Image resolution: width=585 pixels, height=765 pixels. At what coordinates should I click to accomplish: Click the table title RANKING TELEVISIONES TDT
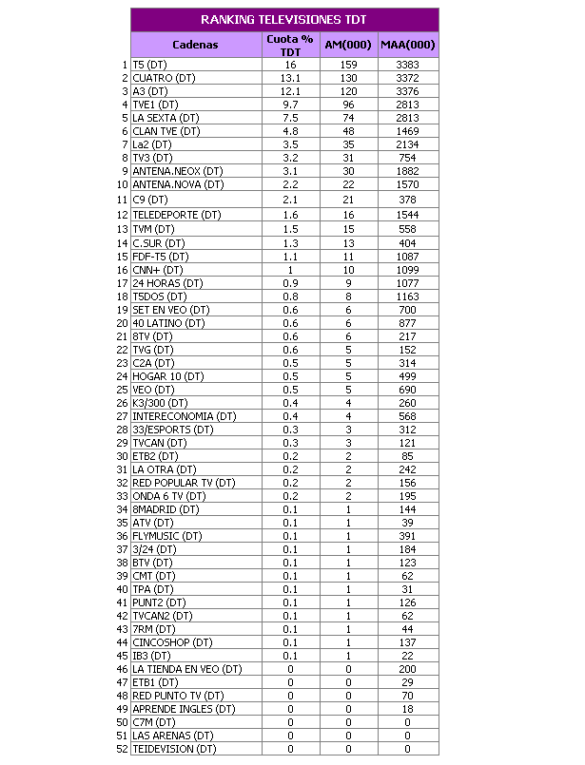(284, 20)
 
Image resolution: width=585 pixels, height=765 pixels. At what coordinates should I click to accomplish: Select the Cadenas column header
(195, 45)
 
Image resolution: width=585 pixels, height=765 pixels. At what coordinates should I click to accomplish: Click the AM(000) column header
(348, 45)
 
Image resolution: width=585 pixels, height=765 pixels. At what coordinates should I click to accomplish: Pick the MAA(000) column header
(407, 45)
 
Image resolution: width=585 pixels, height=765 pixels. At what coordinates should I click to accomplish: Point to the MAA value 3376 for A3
(407, 91)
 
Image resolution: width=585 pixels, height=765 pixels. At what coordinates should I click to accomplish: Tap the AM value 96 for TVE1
(348, 105)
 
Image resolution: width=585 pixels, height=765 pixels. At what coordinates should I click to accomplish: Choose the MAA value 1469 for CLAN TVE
(407, 131)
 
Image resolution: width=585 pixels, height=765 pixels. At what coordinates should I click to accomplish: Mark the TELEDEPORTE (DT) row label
(177, 216)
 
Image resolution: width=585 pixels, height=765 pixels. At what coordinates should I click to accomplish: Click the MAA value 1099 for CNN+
(407, 270)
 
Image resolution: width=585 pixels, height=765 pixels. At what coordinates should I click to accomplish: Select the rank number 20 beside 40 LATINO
(123, 323)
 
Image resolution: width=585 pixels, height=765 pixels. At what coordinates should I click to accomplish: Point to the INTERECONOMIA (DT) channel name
(185, 416)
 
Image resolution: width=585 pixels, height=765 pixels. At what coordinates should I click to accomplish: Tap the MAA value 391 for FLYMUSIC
(407, 536)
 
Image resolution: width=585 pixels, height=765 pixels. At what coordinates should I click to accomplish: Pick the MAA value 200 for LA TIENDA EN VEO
(407, 669)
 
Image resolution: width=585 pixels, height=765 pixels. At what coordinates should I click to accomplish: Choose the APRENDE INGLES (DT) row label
(184, 709)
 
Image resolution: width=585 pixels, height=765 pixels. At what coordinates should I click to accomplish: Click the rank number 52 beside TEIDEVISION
(123, 749)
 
